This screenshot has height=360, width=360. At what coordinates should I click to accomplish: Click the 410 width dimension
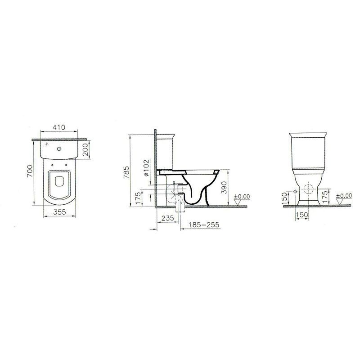pyautogui.click(x=59, y=127)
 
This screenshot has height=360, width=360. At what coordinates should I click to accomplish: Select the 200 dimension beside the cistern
pyautogui.click(x=85, y=149)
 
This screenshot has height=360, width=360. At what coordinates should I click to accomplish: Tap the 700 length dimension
pyautogui.click(x=30, y=171)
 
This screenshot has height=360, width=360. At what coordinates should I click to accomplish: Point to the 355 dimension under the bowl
pyautogui.click(x=60, y=211)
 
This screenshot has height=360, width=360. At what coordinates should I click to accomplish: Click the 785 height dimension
pyautogui.click(x=127, y=172)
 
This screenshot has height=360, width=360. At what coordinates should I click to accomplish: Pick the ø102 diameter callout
pyautogui.click(x=146, y=168)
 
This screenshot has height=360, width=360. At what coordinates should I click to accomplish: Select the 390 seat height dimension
pyautogui.click(x=224, y=187)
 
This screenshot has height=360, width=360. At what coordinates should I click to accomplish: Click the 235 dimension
pyautogui.click(x=167, y=218)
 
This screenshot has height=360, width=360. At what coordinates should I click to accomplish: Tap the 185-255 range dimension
pyautogui.click(x=204, y=225)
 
